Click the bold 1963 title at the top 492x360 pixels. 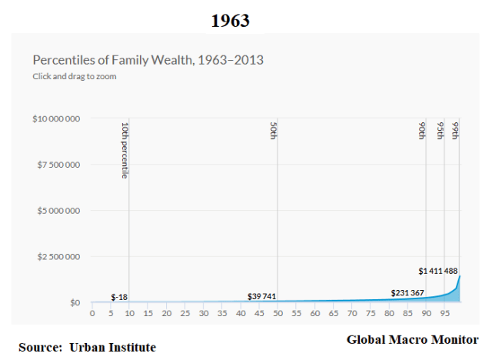(x=231, y=21)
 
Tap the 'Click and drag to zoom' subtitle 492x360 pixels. (x=74, y=76)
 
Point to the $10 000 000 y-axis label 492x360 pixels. (x=58, y=118)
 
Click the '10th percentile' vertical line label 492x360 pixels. (x=125, y=150)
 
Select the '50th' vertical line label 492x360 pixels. (x=274, y=130)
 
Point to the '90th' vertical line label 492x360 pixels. (x=422, y=130)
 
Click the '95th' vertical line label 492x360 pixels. (x=440, y=130)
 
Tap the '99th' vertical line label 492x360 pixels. (x=456, y=130)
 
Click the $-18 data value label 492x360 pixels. (x=119, y=296)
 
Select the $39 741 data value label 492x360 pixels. (x=261, y=296)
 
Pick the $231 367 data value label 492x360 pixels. (x=407, y=292)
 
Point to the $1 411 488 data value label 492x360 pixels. (x=439, y=271)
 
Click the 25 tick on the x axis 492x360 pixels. (x=185, y=313)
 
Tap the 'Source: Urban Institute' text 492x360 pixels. (x=87, y=348)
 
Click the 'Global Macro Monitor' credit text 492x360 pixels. (x=412, y=339)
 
